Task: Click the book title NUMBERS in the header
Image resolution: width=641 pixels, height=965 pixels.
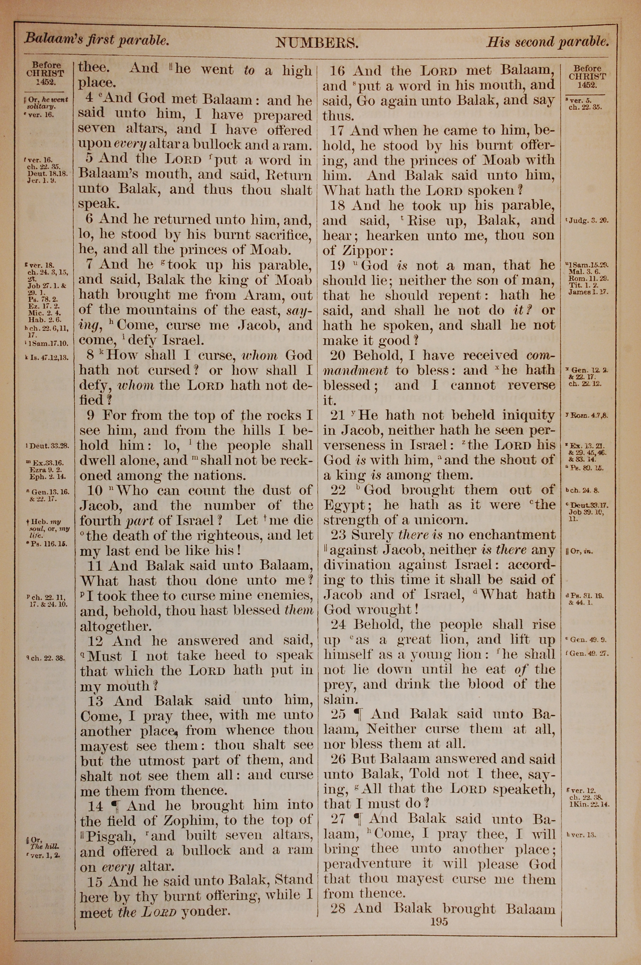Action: pos(317,43)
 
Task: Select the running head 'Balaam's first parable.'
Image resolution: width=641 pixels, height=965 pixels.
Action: pos(96,40)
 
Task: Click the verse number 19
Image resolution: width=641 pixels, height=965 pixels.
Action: pos(338,266)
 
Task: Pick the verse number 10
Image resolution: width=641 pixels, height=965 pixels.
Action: pos(95,491)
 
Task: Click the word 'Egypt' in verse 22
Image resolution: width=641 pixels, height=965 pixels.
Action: pos(343,506)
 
